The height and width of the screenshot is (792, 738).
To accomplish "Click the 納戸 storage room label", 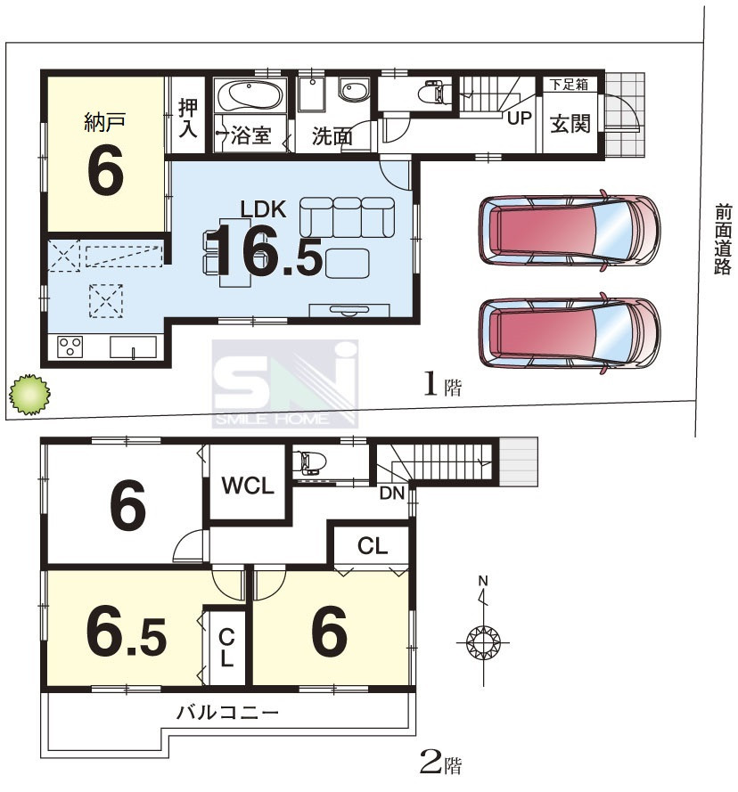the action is [x=105, y=122].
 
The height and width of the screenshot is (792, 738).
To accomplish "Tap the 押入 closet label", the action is [x=188, y=118].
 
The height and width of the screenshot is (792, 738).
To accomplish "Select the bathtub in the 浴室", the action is [x=250, y=94].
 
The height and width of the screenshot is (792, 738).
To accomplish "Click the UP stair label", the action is [x=519, y=118].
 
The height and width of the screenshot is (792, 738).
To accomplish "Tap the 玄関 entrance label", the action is [x=570, y=123].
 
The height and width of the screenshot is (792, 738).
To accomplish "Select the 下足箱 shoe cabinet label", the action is [x=570, y=85].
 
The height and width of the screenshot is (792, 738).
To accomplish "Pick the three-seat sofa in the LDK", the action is [x=347, y=217].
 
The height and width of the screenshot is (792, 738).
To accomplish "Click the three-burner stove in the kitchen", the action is [x=70, y=347].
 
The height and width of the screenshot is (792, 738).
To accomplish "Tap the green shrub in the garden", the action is [x=29, y=395].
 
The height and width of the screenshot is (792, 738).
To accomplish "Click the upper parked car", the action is [x=570, y=231].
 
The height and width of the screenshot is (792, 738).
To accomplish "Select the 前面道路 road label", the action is [x=722, y=240].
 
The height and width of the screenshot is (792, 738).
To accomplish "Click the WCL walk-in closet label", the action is [x=248, y=486].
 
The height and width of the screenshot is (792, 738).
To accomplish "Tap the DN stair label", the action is [x=392, y=493].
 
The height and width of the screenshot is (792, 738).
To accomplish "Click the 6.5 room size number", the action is [x=127, y=633].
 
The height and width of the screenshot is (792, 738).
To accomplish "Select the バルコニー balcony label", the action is [x=227, y=713].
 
